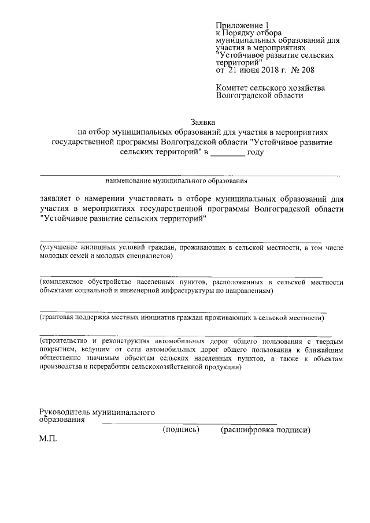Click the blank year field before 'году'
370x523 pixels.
(x=227, y=152)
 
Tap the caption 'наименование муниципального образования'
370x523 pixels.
(x=176, y=180)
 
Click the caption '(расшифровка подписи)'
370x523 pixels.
(x=266, y=430)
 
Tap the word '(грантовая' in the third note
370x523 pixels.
(x=58, y=317)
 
